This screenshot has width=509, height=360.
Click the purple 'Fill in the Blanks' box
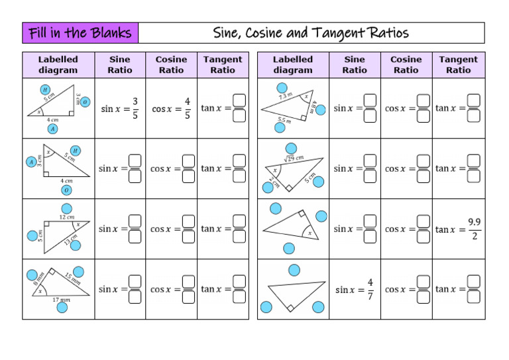(80, 32)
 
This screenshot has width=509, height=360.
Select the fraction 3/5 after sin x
(135, 108)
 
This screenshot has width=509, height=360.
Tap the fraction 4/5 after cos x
(188, 108)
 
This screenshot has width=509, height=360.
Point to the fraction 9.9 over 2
(475, 229)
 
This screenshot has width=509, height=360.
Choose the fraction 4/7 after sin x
(370, 289)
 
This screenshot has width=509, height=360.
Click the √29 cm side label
(294, 158)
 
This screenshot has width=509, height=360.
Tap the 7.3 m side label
(285, 96)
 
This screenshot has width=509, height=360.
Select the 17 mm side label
(61, 300)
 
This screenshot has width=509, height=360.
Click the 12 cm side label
(66, 217)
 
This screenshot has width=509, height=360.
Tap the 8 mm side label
(38, 280)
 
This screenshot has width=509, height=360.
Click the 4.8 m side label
(313, 106)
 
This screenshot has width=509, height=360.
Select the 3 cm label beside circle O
(78, 100)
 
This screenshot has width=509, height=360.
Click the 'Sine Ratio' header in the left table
(119, 64)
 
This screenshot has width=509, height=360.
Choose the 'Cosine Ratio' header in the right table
(406, 64)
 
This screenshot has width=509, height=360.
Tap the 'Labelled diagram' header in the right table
(292, 64)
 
